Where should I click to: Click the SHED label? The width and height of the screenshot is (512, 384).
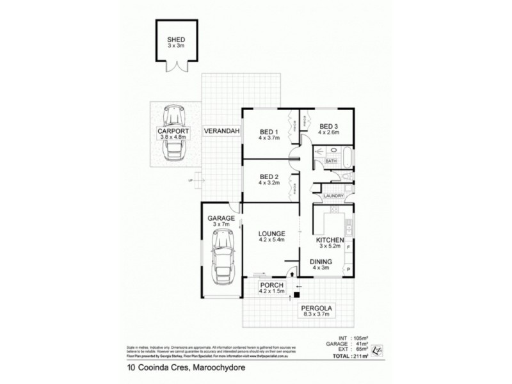175,39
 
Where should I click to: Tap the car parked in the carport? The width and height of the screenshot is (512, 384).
174,133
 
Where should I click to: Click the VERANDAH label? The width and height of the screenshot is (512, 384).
221,132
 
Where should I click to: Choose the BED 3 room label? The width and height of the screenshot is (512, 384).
329,126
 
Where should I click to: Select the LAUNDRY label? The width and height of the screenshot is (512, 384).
335,196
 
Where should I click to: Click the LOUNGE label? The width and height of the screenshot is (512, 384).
271,234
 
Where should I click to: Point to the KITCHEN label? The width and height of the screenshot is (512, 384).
332,239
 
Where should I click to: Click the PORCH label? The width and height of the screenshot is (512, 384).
271,285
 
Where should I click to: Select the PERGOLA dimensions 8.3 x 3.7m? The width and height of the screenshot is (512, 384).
319,314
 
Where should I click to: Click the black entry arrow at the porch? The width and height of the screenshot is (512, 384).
292,275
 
